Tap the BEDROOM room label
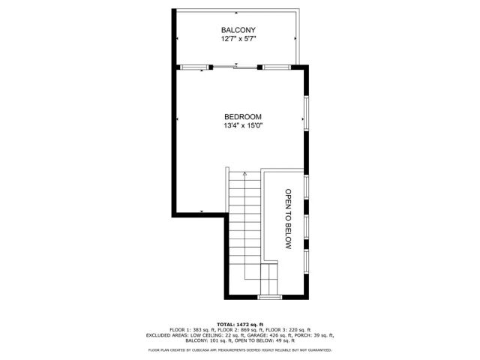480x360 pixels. pyautogui.click(x=242, y=117)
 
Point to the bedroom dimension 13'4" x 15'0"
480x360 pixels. pyautogui.click(x=242, y=126)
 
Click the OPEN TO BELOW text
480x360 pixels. pyautogui.click(x=286, y=218)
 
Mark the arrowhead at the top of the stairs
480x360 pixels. pyautogui.click(x=244, y=173)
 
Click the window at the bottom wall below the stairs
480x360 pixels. pyautogui.click(x=268, y=298)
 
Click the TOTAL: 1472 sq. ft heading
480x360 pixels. pyautogui.click(x=239, y=322)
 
